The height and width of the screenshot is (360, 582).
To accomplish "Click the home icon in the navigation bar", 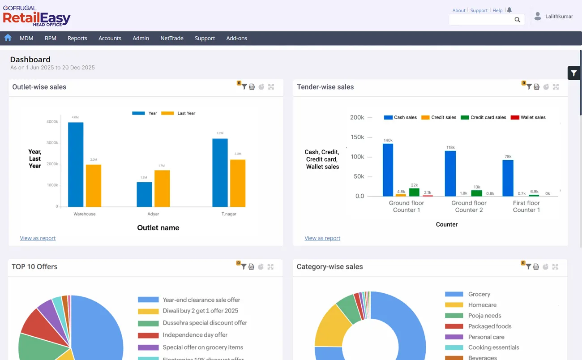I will tap(8, 38).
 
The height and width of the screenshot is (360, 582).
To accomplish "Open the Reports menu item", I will tap(77, 39).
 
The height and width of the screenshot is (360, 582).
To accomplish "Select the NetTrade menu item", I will tap(172, 39).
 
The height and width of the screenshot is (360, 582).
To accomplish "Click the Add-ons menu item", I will tap(236, 39).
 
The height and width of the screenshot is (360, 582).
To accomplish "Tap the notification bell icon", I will tap(509, 10).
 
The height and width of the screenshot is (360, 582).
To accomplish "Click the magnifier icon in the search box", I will tap(517, 20).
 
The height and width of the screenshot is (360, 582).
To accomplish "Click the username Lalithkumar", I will tap(559, 17).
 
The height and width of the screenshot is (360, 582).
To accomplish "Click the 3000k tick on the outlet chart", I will tap(52, 143).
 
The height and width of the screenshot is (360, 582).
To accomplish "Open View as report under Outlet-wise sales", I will tap(38, 238).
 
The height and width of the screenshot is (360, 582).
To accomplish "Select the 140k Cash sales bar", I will tap(388, 170).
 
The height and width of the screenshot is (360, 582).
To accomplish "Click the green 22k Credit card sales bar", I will tap(414, 192).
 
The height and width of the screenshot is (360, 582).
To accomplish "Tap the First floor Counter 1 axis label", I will tap(526, 206).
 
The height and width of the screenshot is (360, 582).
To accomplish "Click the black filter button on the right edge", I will tap(573, 73).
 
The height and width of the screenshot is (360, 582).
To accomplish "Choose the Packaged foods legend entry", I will tap(489, 326).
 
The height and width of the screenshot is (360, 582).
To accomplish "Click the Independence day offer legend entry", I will tap(195, 335).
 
